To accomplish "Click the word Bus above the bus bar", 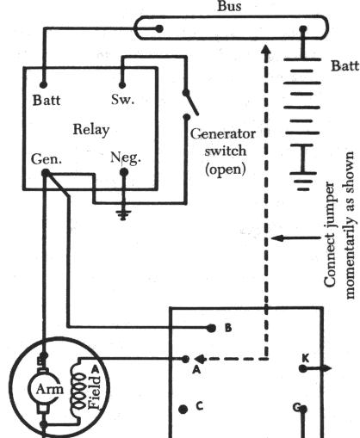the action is [x=229, y=6].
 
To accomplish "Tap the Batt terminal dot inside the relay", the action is [x=43, y=84].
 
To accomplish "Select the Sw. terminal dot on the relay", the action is [x=122, y=85].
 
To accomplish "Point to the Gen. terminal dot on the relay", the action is [x=46, y=173].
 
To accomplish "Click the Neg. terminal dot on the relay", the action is [x=124, y=172].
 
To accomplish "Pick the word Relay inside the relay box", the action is [x=91, y=130].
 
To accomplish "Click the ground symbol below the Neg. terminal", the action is [x=124, y=215].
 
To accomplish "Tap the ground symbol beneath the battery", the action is [x=303, y=181].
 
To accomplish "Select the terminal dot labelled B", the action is [x=211, y=328].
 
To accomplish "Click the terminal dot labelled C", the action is [x=183, y=409].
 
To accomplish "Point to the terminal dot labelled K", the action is [x=303, y=368].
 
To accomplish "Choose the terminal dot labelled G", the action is [x=303, y=409].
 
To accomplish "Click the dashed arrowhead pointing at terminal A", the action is [x=199, y=359].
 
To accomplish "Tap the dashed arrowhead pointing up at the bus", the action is [x=267, y=49].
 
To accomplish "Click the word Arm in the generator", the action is [x=49, y=389].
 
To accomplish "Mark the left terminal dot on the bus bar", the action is [x=159, y=28].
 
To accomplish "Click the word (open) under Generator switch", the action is [x=226, y=169].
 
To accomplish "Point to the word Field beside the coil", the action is [x=95, y=392].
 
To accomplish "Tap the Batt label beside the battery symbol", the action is [x=345, y=65].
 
